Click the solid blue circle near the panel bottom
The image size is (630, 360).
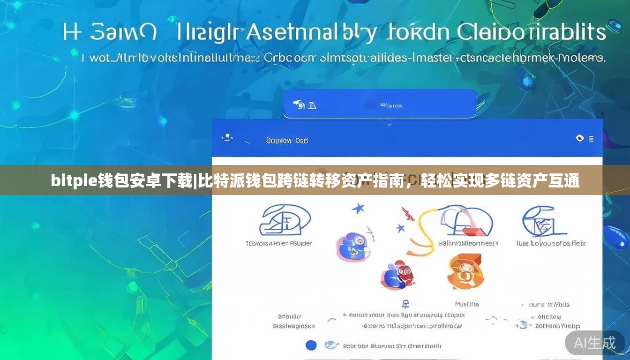tap(311, 345)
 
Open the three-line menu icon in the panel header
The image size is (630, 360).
tap(591, 139)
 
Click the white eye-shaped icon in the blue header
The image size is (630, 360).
tap(580, 138)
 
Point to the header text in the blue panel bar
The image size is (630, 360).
tap(286, 140)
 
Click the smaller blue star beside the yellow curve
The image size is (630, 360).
tap(400, 229)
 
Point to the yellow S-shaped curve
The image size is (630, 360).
tap(424, 232)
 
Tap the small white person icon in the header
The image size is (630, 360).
tap(227, 137)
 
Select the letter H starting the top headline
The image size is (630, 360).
tap(72, 33)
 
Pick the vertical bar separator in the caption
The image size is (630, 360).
tap(195, 180)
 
